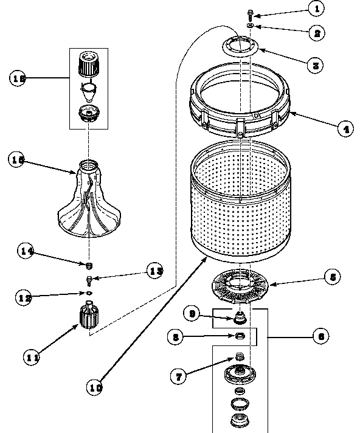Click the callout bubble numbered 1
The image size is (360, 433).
click(x=314, y=9)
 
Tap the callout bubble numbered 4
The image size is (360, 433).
click(x=344, y=129)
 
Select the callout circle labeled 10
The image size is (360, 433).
click(x=94, y=386)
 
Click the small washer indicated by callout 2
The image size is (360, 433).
click(x=250, y=26)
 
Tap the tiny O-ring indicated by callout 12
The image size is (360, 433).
click(x=89, y=293)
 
